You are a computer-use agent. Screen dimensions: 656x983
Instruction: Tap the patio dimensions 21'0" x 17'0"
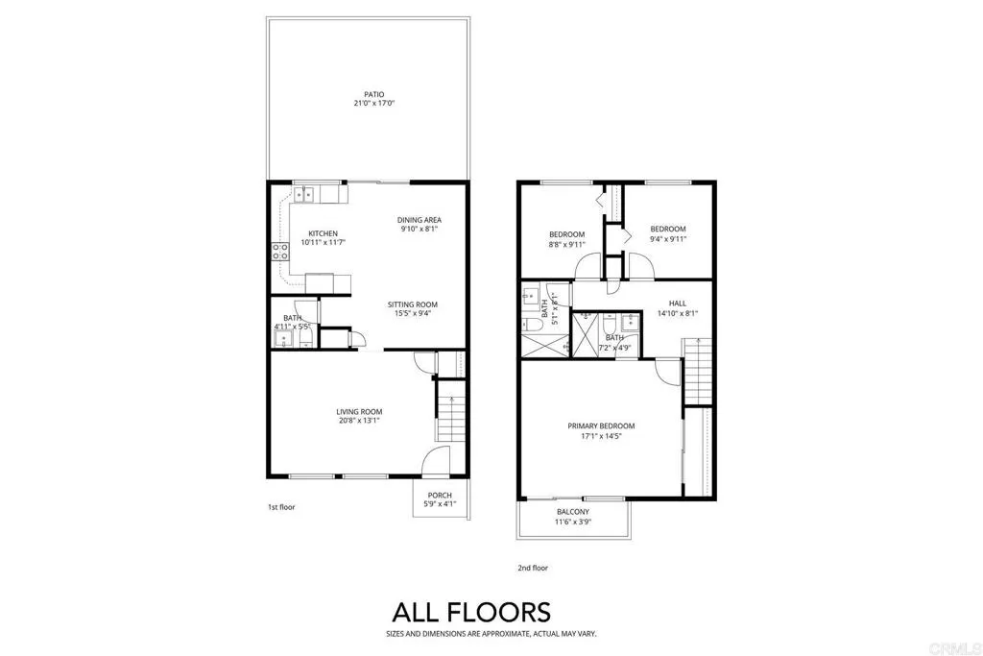[x=361, y=104]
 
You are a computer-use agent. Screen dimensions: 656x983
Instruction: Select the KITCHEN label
[x=323, y=233]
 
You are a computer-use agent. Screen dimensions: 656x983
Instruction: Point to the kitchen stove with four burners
[x=281, y=252]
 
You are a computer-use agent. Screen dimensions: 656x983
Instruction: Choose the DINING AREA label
[x=420, y=220]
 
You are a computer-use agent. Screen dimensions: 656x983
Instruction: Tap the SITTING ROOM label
[x=413, y=303]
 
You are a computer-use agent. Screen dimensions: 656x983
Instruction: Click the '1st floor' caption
[x=281, y=506]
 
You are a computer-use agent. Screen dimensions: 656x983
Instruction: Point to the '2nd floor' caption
[x=533, y=568]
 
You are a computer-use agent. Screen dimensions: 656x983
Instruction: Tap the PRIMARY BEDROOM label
[x=602, y=425]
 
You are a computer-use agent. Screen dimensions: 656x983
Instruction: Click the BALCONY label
[x=573, y=512]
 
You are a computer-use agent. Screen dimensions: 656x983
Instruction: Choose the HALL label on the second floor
[x=678, y=303]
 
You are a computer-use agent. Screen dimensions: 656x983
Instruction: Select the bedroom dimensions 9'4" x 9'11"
[x=668, y=239]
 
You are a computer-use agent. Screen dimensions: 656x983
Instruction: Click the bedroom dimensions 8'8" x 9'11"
[x=566, y=245]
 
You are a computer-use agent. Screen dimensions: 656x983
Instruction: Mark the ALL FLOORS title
[x=470, y=612]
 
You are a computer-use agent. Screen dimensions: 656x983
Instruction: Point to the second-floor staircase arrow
[x=698, y=344]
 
